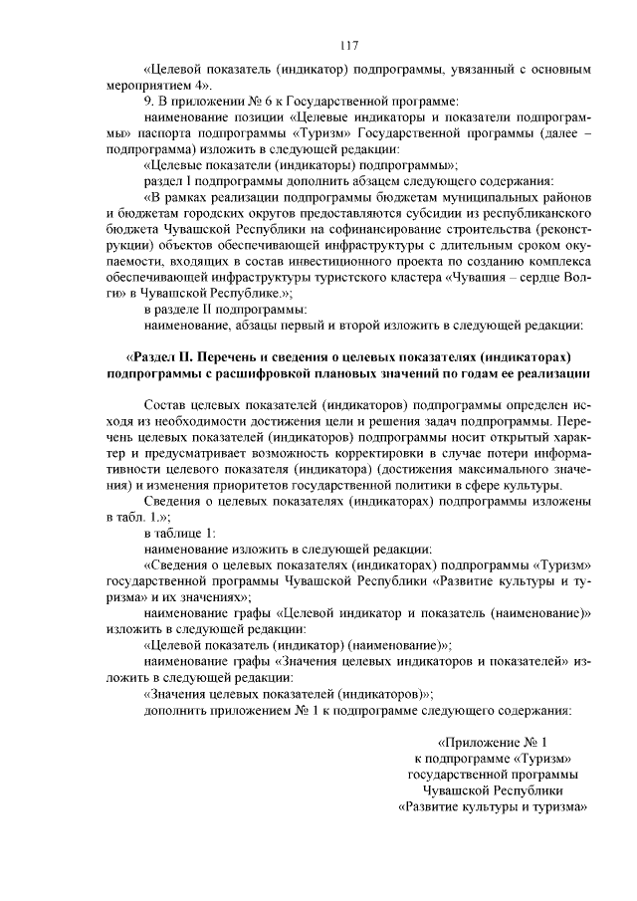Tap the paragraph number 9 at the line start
[148, 102]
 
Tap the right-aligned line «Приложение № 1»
[493, 743]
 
